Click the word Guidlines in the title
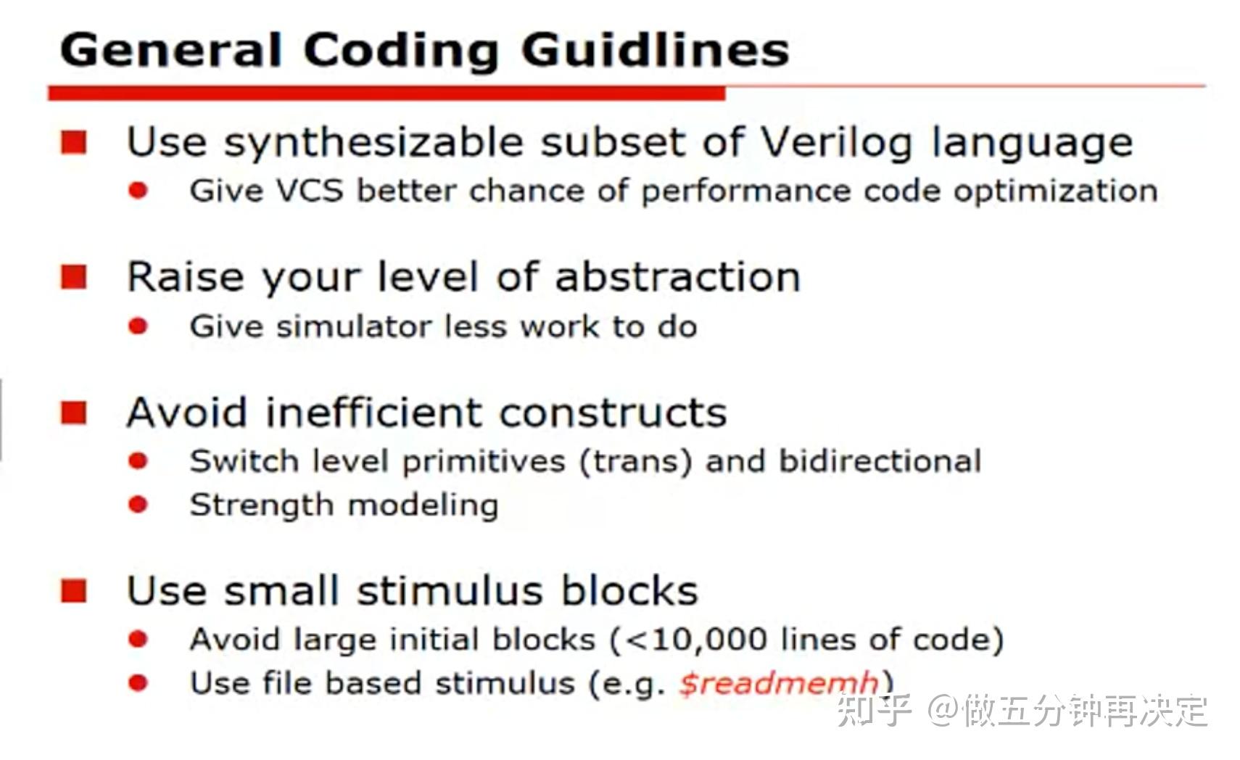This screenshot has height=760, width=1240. pos(655,51)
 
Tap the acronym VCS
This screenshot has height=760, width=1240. pos(309,191)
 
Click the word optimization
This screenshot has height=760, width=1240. pos(1055,191)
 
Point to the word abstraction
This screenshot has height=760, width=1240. pos(677,277)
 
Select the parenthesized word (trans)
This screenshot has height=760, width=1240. pos(635,461)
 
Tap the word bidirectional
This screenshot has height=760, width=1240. pos(880,461)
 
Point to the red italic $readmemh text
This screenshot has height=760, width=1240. pos(778,683)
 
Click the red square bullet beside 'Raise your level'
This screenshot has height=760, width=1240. pos(74,277)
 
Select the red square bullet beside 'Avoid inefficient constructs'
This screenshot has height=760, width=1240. pos(74,413)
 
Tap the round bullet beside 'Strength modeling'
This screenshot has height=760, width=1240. pos(138,504)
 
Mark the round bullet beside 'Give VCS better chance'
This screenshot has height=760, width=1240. pos(138,191)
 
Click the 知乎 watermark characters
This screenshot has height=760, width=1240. pos(874,710)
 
